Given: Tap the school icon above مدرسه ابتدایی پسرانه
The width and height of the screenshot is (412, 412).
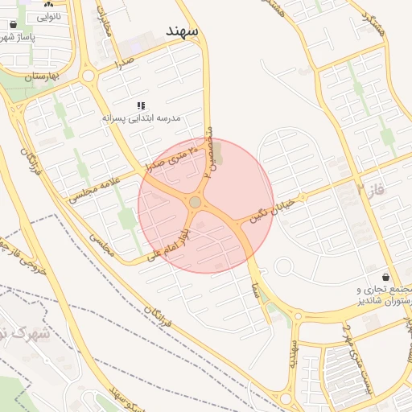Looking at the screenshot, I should click(142, 105).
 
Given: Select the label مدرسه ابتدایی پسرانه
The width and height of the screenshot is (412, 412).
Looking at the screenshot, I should click(142, 118).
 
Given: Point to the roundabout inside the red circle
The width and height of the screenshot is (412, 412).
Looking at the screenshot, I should click(195, 202).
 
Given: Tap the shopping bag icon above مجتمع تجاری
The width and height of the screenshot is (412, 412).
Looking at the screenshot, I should click(387, 276).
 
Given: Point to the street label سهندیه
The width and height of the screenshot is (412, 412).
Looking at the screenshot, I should click(295, 352).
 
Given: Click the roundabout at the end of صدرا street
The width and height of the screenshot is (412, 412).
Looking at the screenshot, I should click(89, 76).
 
